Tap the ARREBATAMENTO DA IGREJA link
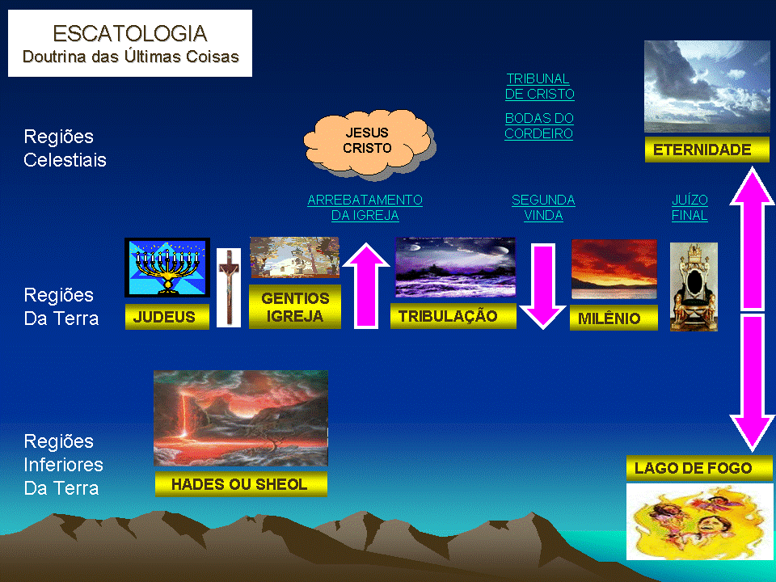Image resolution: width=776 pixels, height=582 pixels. click(365, 208)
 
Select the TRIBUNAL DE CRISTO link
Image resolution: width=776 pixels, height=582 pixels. click(539, 86)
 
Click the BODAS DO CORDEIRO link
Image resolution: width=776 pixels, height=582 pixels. click(539, 126)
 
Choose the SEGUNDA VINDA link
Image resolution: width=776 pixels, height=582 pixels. click(543, 208)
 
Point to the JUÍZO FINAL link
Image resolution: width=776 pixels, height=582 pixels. click(690, 208)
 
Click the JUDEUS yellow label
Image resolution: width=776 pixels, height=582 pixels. click(167, 317)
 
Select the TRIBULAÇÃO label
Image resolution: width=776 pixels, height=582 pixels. click(453, 316)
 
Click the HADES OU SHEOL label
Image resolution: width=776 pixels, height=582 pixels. click(241, 484)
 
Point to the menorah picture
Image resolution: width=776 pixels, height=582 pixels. click(167, 267)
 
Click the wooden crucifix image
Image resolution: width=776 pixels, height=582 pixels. click(228, 287)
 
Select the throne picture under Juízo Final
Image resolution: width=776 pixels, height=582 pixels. click(694, 287)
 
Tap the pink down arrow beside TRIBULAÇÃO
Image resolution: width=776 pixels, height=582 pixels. click(542, 286)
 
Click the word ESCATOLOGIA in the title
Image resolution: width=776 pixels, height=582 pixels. click(129, 33)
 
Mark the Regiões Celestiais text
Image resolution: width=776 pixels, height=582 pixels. click(65, 148)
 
